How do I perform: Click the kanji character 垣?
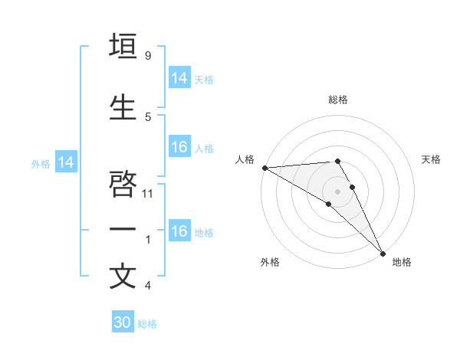123,46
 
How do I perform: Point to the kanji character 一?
123,228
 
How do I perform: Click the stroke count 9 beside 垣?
147,56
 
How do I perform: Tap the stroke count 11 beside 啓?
149,194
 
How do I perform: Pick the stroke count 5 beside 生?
147,116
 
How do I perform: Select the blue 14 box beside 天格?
179,78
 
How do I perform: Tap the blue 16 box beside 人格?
179,147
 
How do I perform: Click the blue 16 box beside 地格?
179,231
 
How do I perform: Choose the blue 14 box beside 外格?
66,162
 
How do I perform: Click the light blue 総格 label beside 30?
147,324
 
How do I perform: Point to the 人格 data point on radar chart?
264,168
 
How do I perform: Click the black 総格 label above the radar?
338,100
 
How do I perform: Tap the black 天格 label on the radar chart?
432,159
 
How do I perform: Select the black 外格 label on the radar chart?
270,262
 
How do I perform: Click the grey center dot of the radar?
337,190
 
